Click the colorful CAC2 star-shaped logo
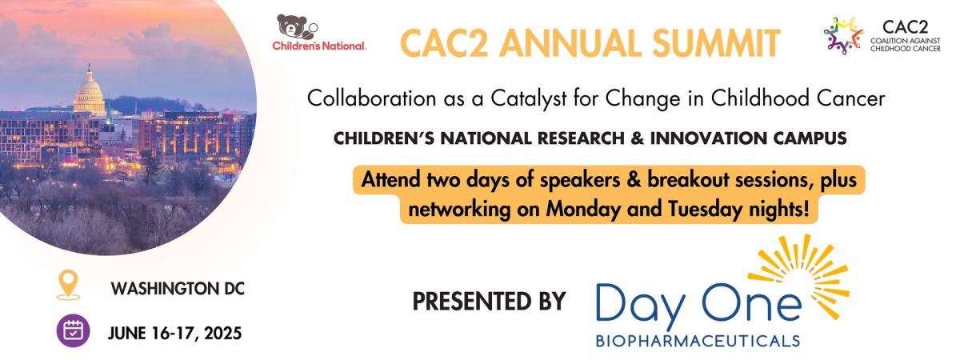[843, 35]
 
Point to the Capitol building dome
[89, 90]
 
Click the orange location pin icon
[68, 284]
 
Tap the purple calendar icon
[73, 331]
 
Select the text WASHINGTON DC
[178, 289]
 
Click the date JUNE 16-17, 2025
[175, 334]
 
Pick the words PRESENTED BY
[489, 301]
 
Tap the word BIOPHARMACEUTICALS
[698, 341]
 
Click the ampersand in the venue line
[638, 138]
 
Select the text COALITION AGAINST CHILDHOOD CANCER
[905, 44]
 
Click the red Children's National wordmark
[319, 46]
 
